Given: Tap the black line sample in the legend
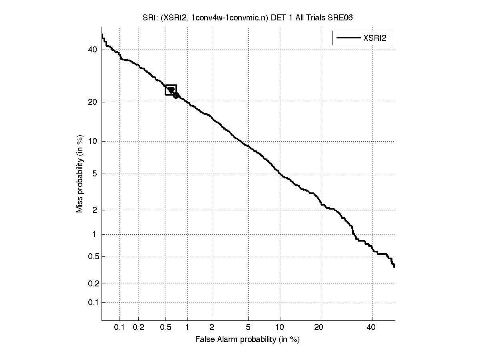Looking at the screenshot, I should click(347, 38).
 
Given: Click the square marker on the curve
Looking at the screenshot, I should click(171, 90).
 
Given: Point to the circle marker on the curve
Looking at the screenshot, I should click(176, 95).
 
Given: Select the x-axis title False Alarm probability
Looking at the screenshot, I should click(247, 340).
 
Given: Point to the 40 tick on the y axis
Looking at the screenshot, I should click(93, 50).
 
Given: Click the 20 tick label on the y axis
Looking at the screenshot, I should click(93, 102).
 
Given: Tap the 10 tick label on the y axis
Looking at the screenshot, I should click(93, 141).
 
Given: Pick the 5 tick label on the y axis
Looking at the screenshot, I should click(94, 174).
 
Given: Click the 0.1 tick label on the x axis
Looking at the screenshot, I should click(120, 328).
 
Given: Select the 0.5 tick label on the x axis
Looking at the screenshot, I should click(165, 328).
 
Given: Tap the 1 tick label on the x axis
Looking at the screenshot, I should click(187, 328).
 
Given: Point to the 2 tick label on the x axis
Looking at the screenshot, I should click(212, 328).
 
